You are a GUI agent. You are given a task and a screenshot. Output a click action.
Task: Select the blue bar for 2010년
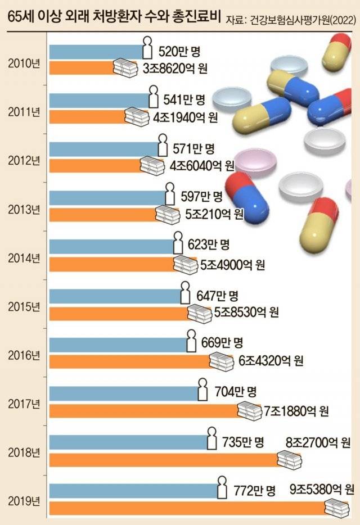(x=96, y=51)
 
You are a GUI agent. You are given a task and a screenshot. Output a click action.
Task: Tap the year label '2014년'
(x=24, y=259)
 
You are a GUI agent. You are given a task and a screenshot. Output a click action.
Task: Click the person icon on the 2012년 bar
(x=163, y=146)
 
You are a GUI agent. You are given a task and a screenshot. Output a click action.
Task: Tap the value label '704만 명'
(x=236, y=391)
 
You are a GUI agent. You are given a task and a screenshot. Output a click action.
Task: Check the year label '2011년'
(x=24, y=111)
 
